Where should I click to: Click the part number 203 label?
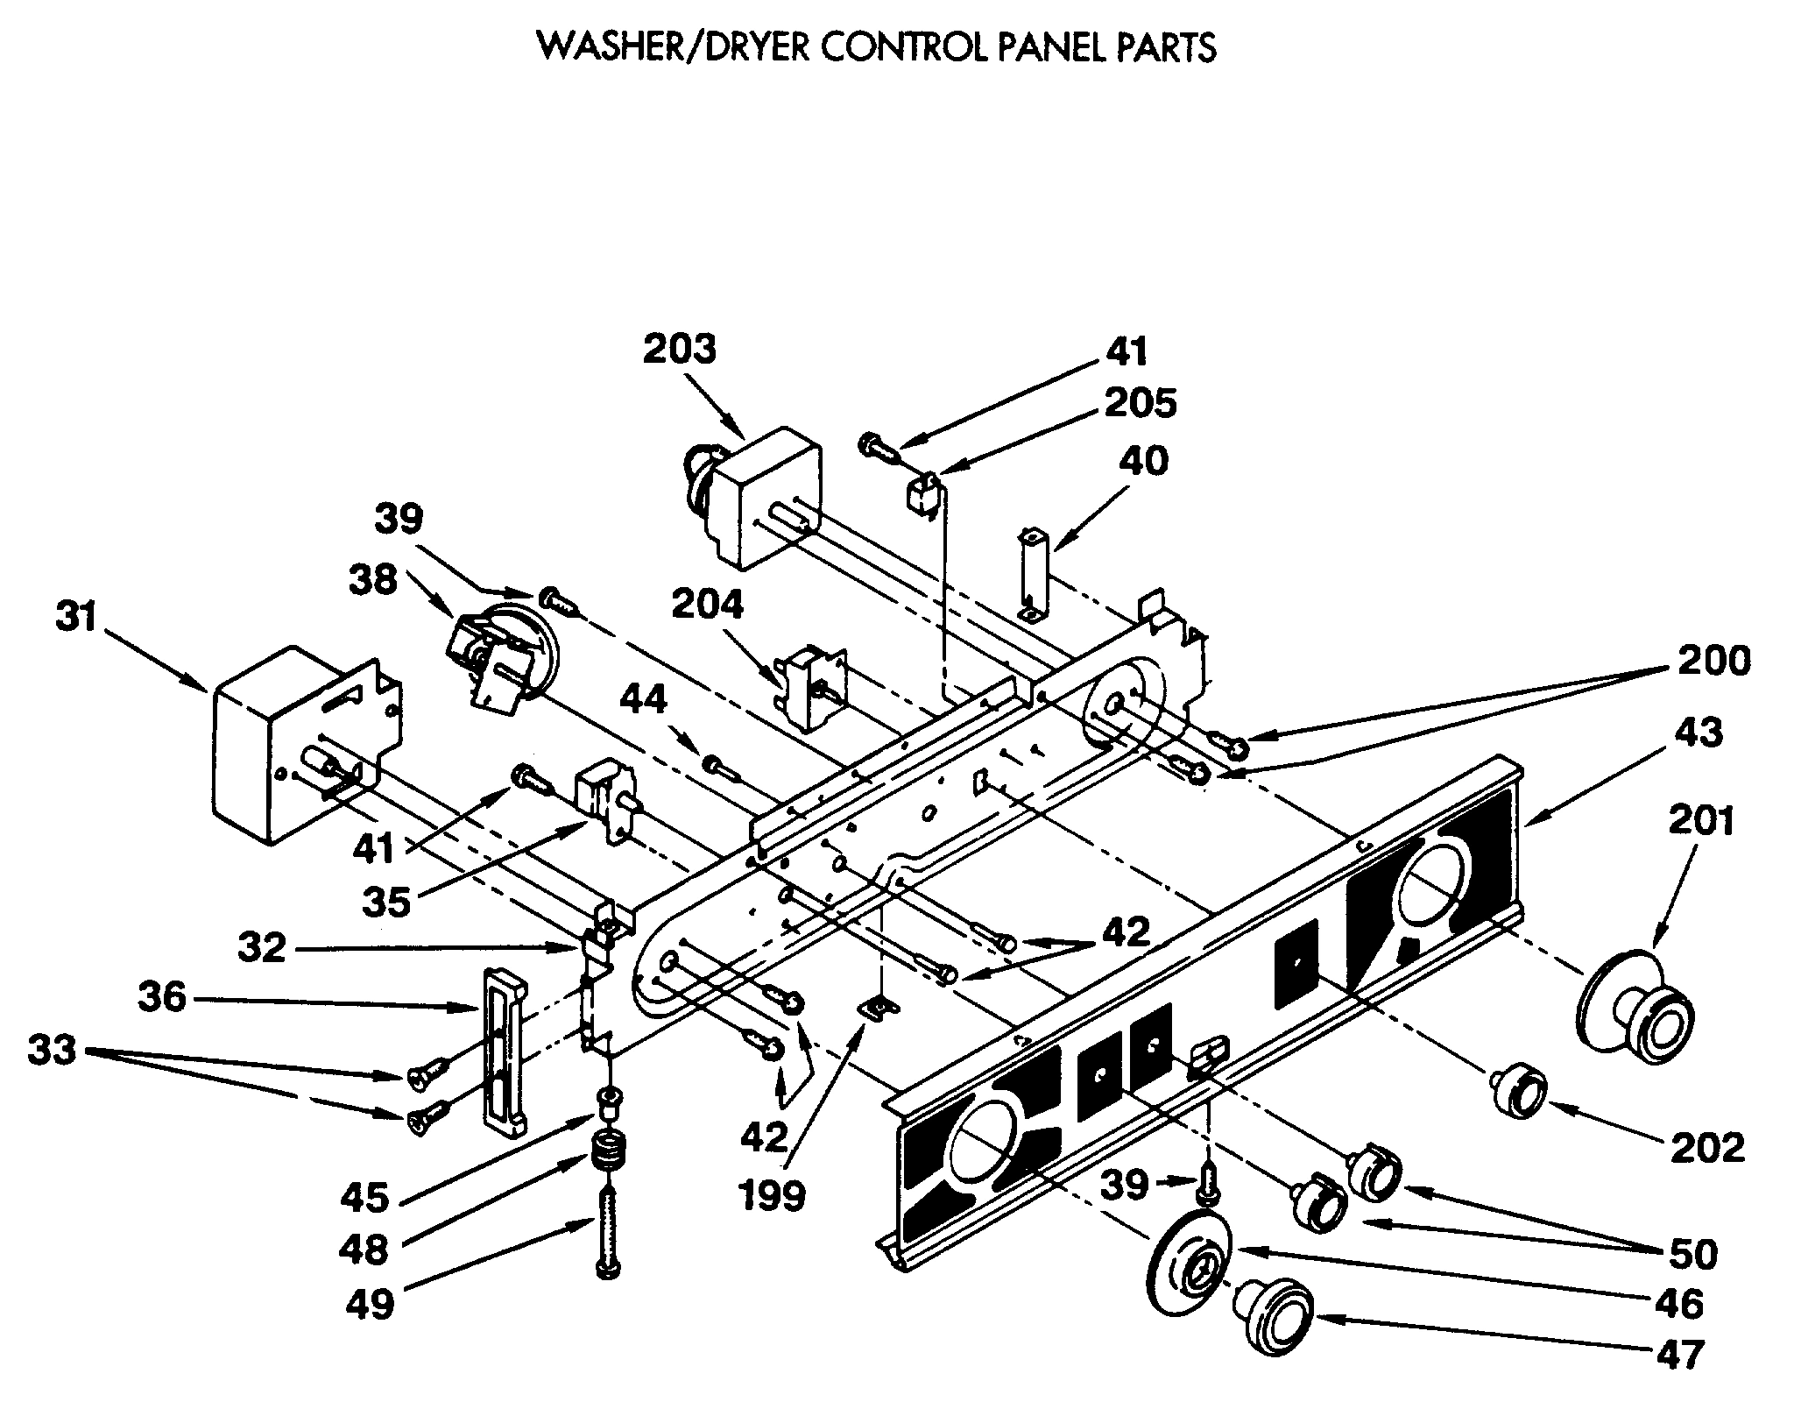680,350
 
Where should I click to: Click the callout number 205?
1140,403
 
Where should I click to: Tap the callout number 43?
1699,733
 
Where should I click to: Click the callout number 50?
1692,1255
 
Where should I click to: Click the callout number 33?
53,1049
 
